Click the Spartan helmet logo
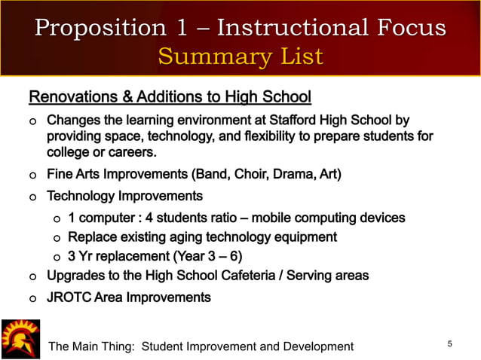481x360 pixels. click(20, 339)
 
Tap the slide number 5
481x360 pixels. click(450, 344)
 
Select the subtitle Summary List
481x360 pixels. click(240, 56)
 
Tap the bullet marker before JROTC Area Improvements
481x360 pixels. click(32, 298)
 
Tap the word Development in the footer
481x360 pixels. click(317, 346)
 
